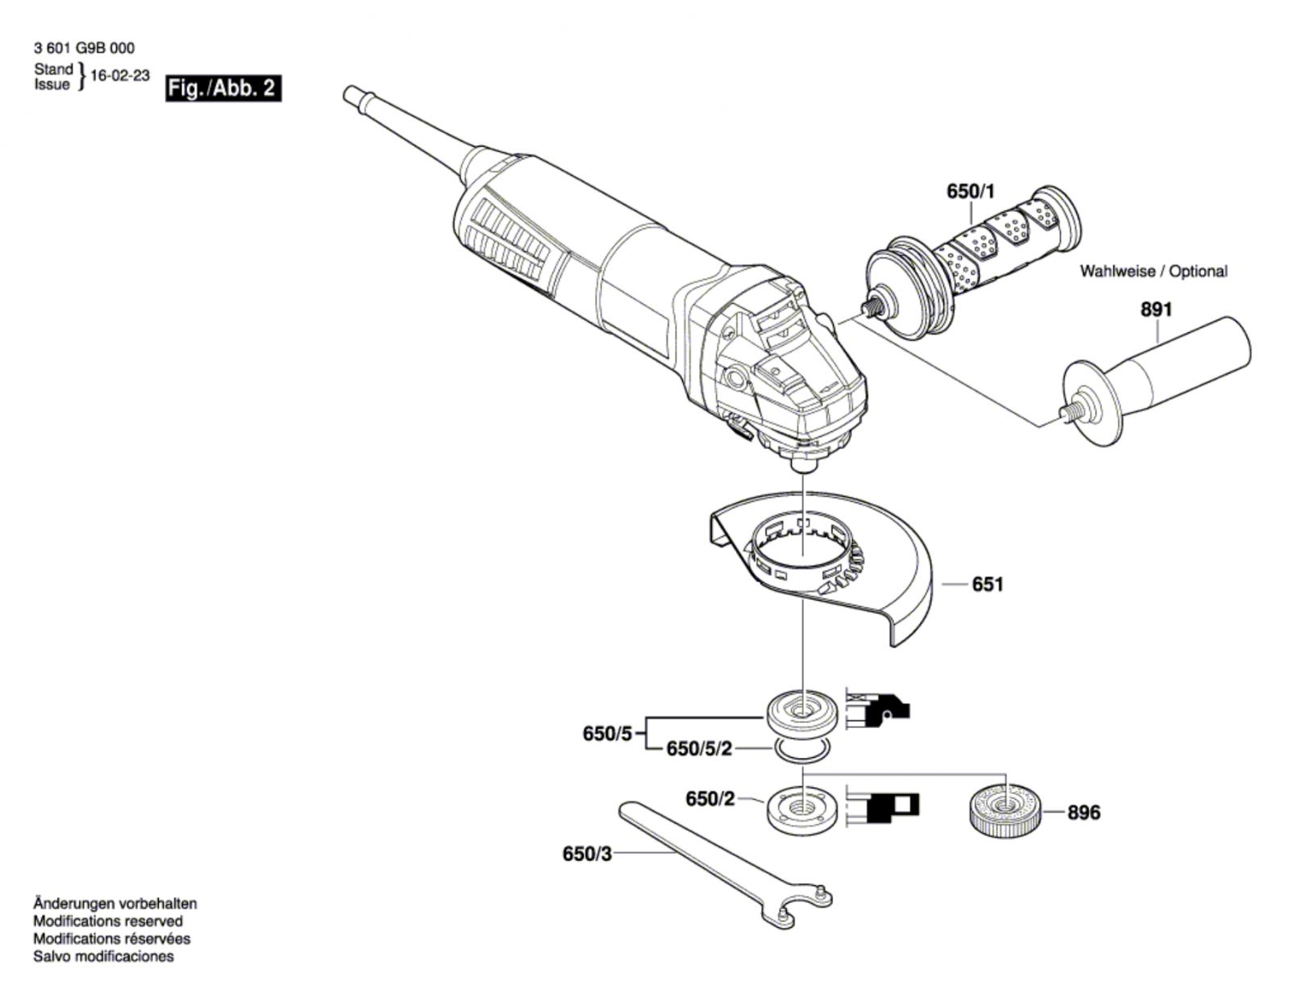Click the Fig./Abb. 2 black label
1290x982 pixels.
point(223,88)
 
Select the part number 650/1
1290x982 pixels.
point(971,192)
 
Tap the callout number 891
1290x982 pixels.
point(1156,309)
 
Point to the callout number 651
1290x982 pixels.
point(988,583)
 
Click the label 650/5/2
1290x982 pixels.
point(699,749)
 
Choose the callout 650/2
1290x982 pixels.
point(710,798)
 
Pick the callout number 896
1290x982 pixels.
point(1084,812)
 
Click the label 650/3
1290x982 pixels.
point(587,853)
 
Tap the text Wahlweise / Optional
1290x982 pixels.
point(1153,272)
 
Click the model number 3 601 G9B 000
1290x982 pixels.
point(84,48)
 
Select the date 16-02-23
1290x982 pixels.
point(120,76)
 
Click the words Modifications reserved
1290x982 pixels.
point(107,921)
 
